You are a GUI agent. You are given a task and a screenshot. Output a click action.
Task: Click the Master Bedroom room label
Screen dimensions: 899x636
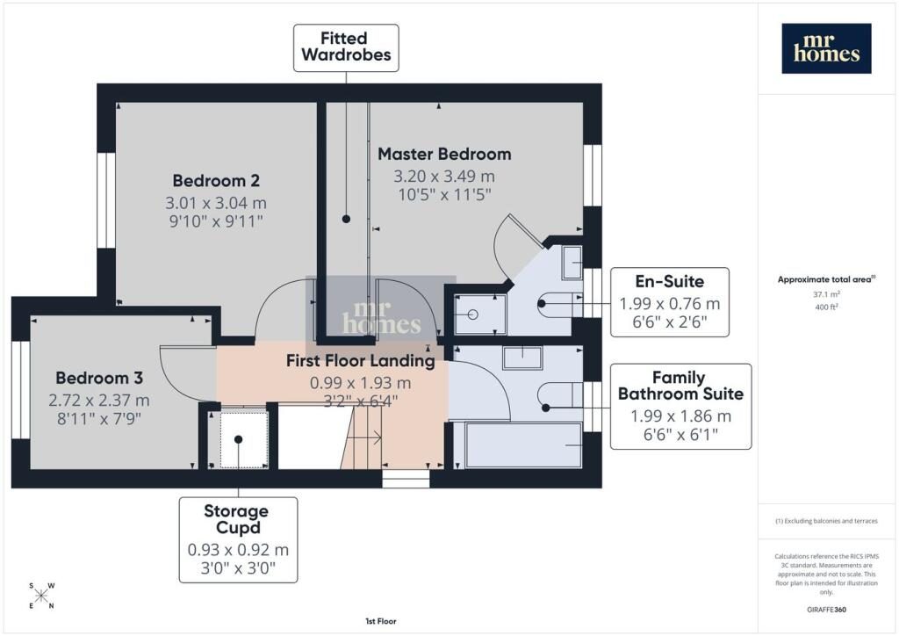click(444, 154)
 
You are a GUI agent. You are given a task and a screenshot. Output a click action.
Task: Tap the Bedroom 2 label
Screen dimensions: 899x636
click(216, 181)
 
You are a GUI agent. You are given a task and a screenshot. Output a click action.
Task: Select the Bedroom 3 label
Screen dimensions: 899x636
click(99, 378)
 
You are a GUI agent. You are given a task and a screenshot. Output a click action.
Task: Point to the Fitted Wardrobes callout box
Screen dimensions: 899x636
click(346, 47)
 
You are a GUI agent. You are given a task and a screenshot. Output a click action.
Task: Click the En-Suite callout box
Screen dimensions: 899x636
click(670, 301)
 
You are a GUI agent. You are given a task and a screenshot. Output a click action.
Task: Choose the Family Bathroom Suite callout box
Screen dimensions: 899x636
click(680, 406)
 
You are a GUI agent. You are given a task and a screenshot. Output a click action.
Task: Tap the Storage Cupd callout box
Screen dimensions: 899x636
click(239, 539)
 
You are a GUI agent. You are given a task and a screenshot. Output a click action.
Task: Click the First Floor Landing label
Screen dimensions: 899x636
click(361, 361)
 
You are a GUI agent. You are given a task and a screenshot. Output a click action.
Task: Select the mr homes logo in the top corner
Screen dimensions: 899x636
click(827, 48)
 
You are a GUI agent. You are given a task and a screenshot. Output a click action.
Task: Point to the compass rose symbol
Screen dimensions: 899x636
click(41, 596)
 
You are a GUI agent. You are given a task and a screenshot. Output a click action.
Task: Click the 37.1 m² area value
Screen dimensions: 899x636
click(826, 294)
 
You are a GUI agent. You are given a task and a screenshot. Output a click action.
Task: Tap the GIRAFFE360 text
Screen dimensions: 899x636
click(826, 610)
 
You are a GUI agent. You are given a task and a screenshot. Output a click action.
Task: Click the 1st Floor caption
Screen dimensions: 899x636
click(381, 621)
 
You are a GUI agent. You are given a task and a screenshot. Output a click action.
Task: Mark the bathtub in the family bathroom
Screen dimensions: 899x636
click(524, 445)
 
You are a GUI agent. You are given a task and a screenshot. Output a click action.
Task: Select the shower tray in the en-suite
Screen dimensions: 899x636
click(480, 314)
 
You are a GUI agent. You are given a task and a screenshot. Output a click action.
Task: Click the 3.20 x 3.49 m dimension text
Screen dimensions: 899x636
click(444, 176)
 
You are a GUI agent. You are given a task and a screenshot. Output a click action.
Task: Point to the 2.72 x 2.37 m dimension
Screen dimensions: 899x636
click(99, 401)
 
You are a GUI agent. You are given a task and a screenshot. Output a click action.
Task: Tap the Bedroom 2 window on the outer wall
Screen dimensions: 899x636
click(106, 200)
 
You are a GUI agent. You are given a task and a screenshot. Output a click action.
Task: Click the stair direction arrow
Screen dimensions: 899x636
click(364, 438)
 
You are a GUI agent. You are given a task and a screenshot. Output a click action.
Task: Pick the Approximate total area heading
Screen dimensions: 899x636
click(826, 279)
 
